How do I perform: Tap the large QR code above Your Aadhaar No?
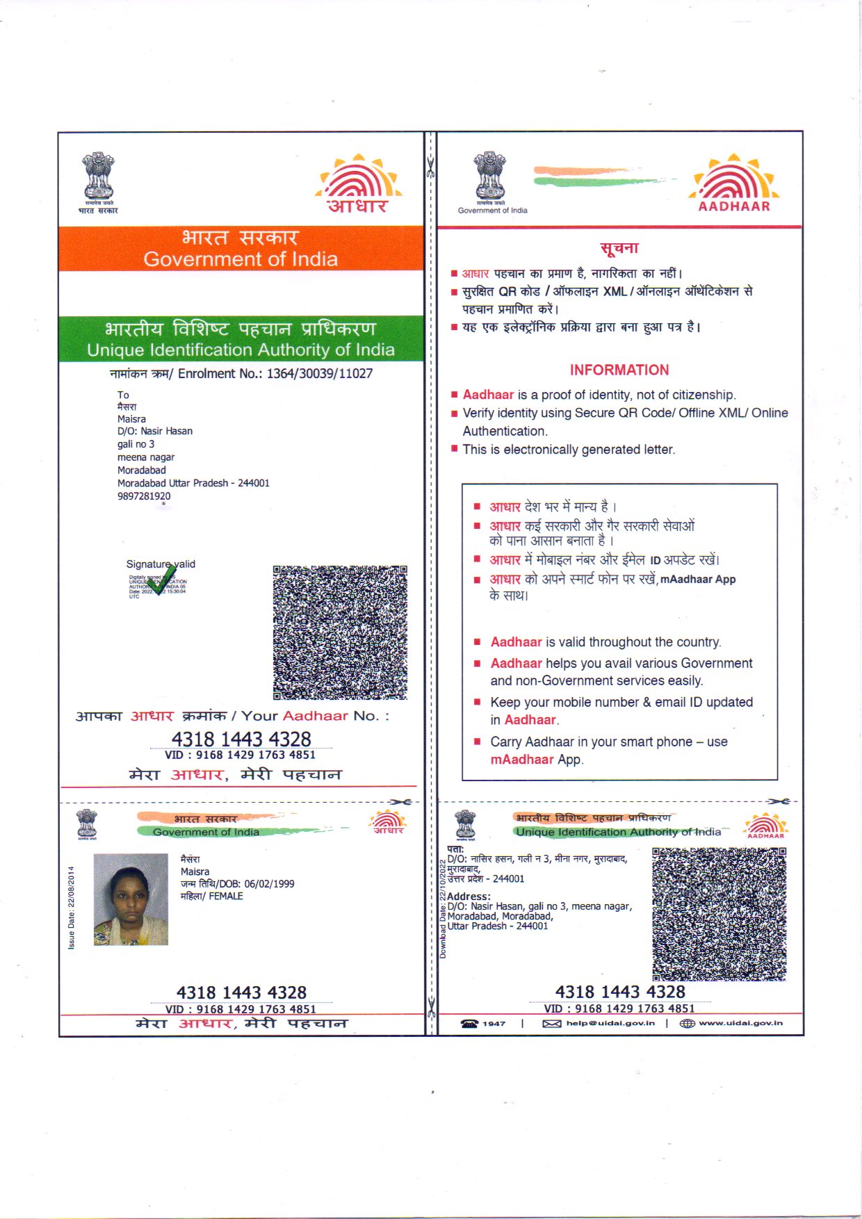340,632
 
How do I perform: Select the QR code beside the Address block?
719,914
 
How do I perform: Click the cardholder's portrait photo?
131,899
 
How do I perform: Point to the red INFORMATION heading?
619,370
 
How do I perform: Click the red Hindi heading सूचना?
619,248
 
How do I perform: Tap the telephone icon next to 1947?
470,1023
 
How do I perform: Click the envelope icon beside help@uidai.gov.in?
551,1023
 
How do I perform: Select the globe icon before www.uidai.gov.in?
687,1023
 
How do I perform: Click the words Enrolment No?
217,374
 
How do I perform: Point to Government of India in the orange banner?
241,259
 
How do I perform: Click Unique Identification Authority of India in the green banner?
241,350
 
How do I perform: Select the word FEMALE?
226,897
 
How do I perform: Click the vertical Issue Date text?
72,908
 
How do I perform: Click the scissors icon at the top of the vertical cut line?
431,167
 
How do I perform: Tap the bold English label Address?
469,897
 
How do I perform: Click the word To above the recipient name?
123,395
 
